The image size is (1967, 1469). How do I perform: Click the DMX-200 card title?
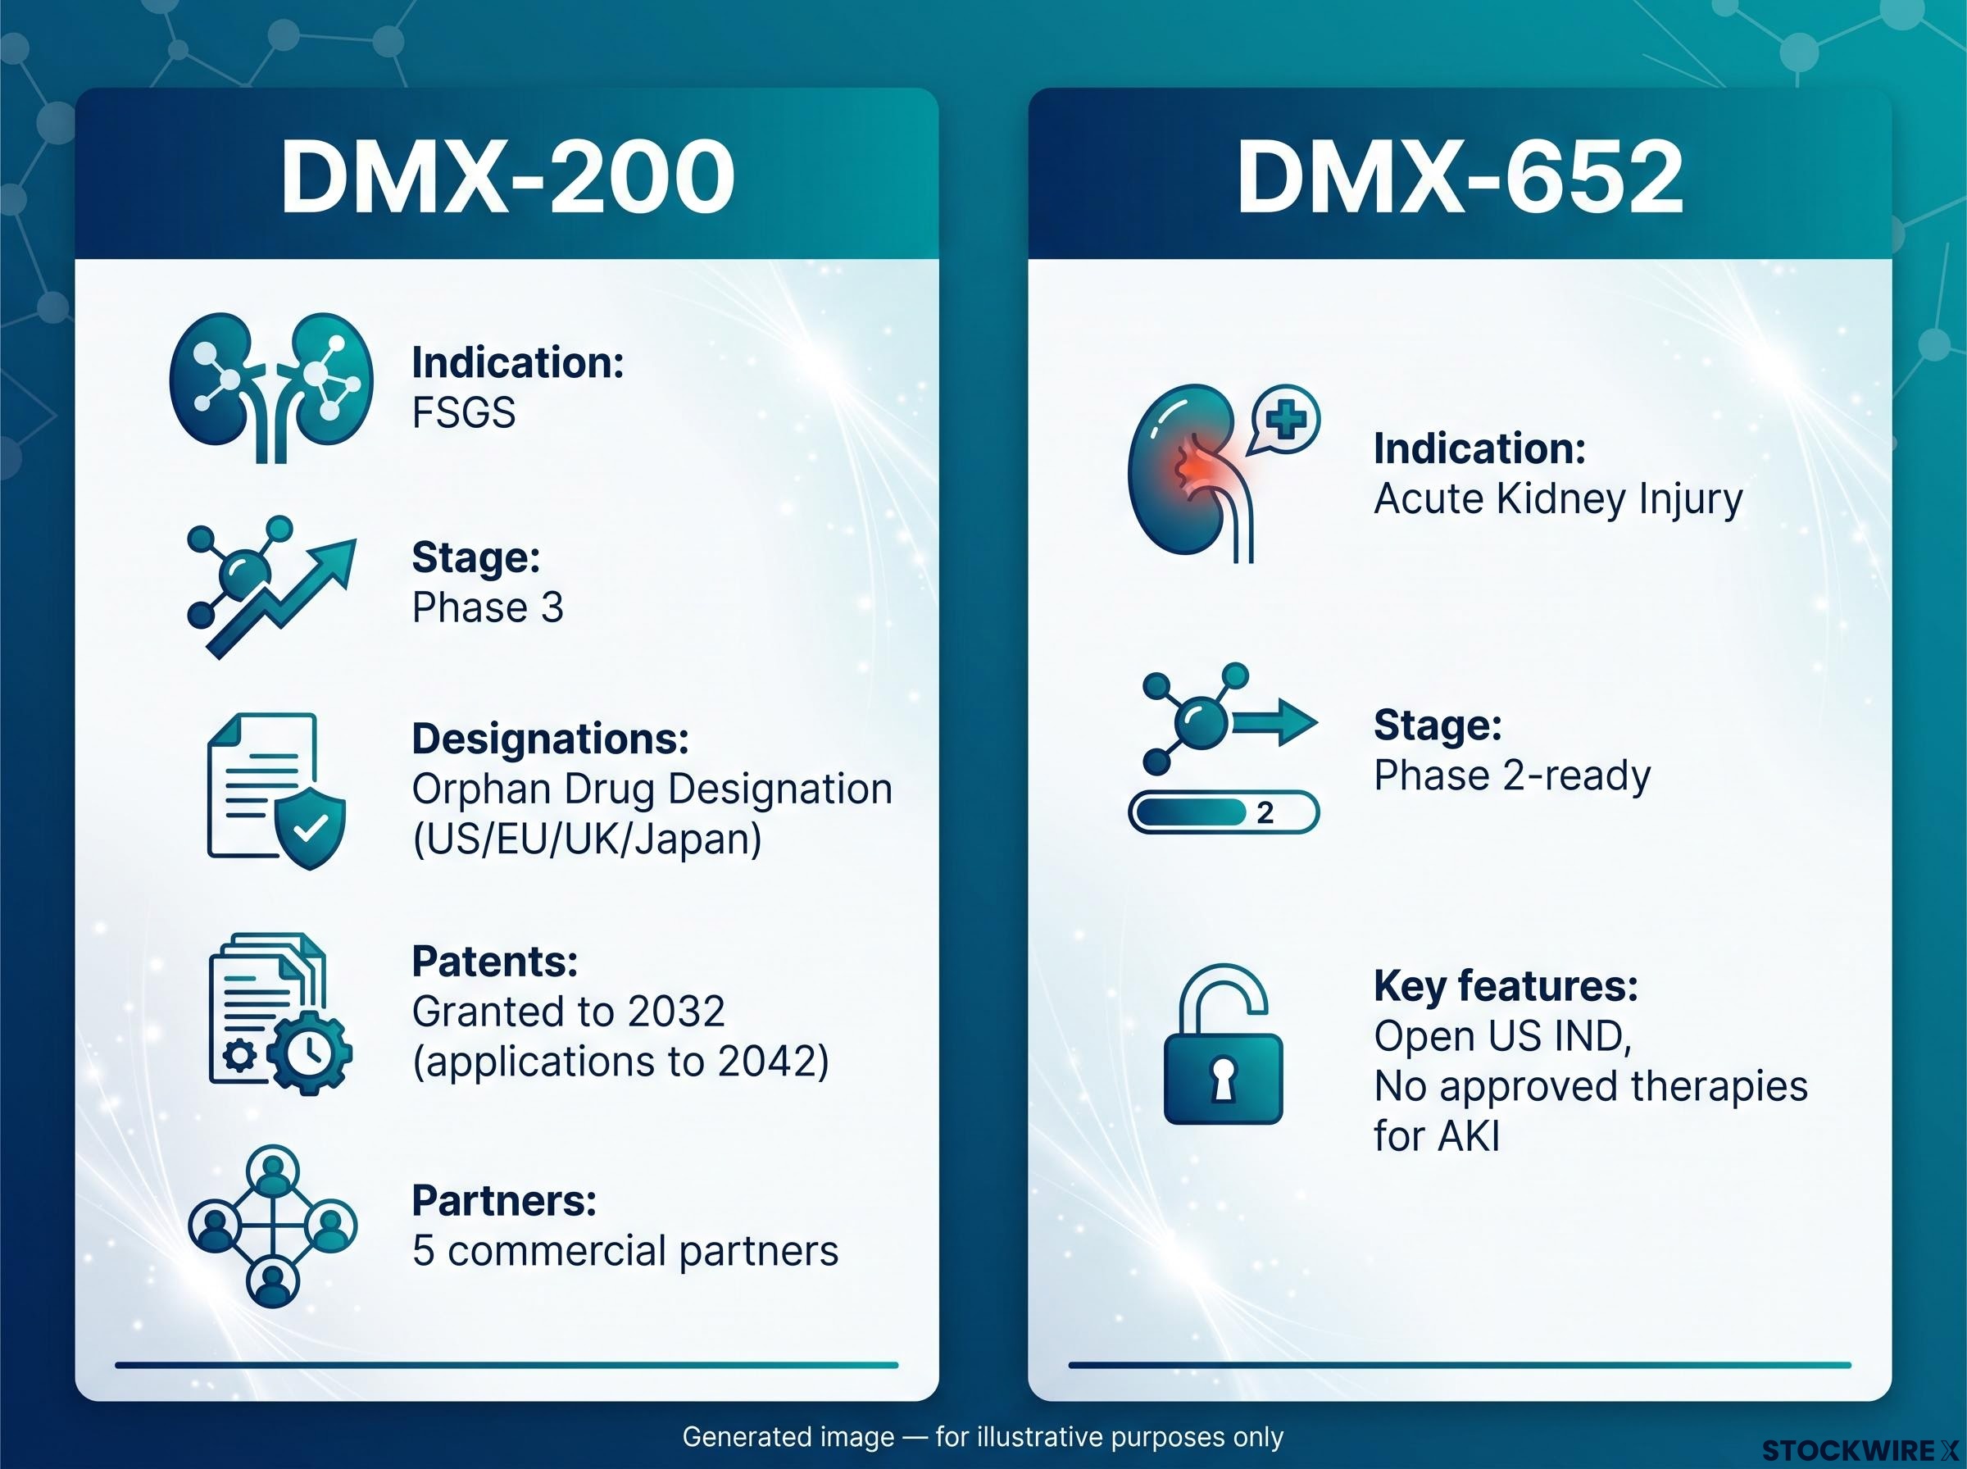pyautogui.click(x=507, y=177)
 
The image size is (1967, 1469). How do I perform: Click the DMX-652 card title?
pyautogui.click(x=1460, y=177)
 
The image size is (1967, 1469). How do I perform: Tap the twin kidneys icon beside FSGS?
pyautogui.click(x=271, y=387)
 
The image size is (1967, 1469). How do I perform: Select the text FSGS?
pyautogui.click(x=463, y=412)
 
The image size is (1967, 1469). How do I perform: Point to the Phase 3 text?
pyautogui.click(x=488, y=608)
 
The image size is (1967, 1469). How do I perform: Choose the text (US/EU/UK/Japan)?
pyautogui.click(x=588, y=839)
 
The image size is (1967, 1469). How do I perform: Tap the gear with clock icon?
pyautogui.click(x=309, y=1053)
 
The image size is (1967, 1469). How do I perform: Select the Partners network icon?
pyautogui.click(x=273, y=1226)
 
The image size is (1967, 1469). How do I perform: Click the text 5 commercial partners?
pyautogui.click(x=625, y=1251)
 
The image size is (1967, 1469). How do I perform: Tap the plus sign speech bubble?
pyautogui.click(x=1285, y=421)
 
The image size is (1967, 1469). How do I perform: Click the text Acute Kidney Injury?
pyautogui.click(x=1558, y=500)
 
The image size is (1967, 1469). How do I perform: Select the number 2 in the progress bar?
pyautogui.click(x=1265, y=812)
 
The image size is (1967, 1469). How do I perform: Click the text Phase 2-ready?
pyautogui.click(x=1512, y=776)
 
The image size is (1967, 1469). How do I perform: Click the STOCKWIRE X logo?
pyautogui.click(x=1860, y=1450)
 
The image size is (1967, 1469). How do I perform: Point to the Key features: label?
pyautogui.click(x=1506, y=986)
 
